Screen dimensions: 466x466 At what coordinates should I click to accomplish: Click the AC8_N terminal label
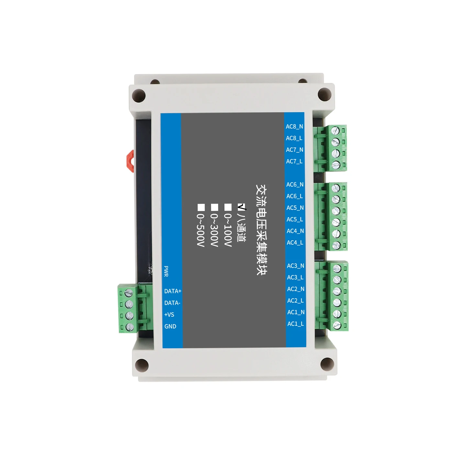click(294, 127)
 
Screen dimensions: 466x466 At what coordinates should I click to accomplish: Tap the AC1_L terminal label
click(295, 324)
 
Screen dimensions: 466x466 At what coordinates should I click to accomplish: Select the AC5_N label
click(295, 208)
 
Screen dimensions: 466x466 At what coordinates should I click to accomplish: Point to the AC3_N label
click(295, 266)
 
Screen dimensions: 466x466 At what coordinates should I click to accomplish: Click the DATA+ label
click(172, 291)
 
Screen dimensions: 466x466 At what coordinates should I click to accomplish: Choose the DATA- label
click(172, 303)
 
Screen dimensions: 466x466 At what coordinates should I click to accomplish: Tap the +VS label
click(169, 315)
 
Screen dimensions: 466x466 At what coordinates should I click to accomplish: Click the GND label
click(170, 327)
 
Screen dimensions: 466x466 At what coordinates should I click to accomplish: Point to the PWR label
click(166, 271)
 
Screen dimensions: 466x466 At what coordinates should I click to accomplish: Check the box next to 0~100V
click(228, 207)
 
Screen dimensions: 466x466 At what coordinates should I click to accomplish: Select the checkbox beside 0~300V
click(215, 207)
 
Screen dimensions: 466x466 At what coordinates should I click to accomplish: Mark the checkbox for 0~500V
click(201, 207)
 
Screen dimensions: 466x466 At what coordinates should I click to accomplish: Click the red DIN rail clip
click(130, 161)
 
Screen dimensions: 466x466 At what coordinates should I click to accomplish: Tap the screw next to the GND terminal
click(130, 327)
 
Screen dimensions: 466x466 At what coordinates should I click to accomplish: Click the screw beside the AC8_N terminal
click(336, 130)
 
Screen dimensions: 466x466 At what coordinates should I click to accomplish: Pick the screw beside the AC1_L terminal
click(337, 325)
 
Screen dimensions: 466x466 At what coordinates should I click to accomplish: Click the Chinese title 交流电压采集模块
click(261, 230)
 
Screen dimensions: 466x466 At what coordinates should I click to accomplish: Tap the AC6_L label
click(294, 196)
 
